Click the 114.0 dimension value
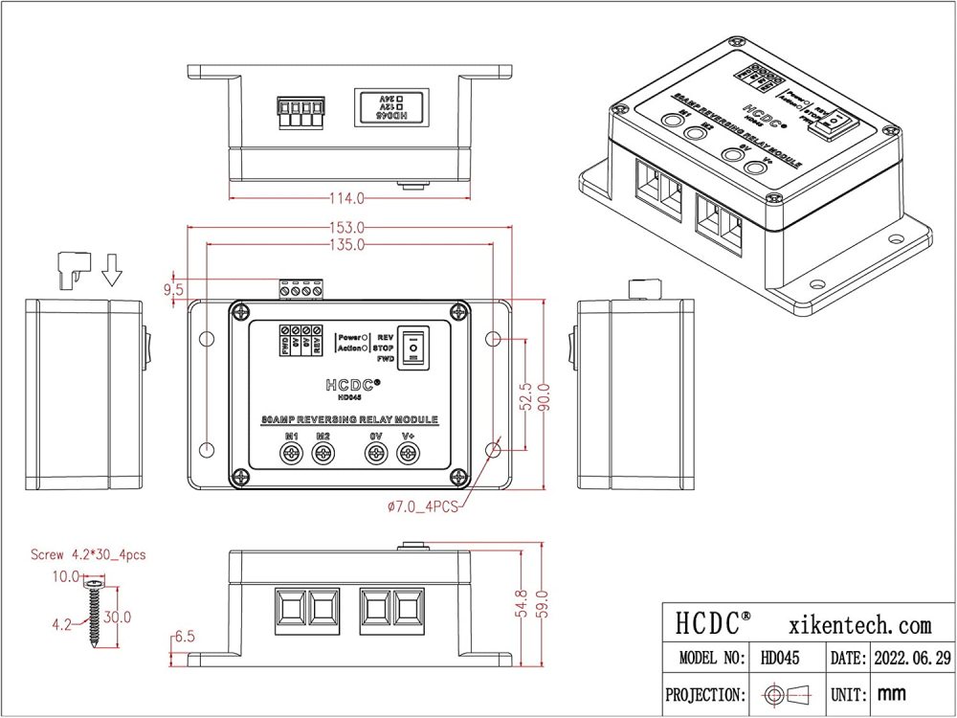coord(346,199)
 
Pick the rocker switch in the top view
coord(412,348)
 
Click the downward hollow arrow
coord(113,269)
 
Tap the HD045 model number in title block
coord(781,660)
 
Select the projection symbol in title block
coord(783,694)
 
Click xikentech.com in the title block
coord(861,625)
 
